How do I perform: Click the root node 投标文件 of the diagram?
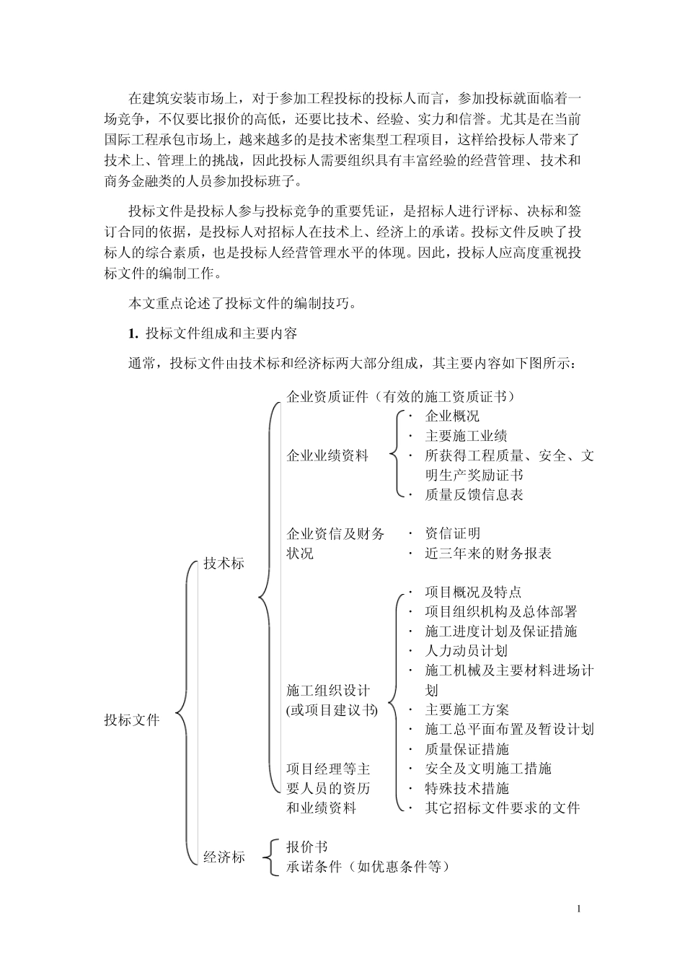click(x=132, y=720)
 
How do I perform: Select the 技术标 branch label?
click(x=224, y=564)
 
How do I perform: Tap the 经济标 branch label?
click(x=224, y=857)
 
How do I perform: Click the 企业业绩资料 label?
click(x=327, y=456)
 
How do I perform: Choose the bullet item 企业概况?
click(x=452, y=416)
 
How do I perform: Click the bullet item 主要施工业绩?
click(x=466, y=436)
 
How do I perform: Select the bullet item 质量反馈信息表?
click(x=474, y=495)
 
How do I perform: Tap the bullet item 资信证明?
click(x=452, y=534)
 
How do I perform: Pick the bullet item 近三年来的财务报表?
click(x=488, y=554)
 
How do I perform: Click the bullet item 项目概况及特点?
click(x=473, y=593)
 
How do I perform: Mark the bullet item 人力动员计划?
click(x=466, y=651)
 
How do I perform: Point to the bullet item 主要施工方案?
click(x=467, y=710)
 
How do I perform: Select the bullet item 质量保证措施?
click(x=467, y=749)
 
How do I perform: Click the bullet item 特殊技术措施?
click(x=467, y=788)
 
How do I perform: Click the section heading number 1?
click(x=132, y=333)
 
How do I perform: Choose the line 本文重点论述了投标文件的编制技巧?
click(x=242, y=304)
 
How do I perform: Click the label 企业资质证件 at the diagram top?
click(x=327, y=397)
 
